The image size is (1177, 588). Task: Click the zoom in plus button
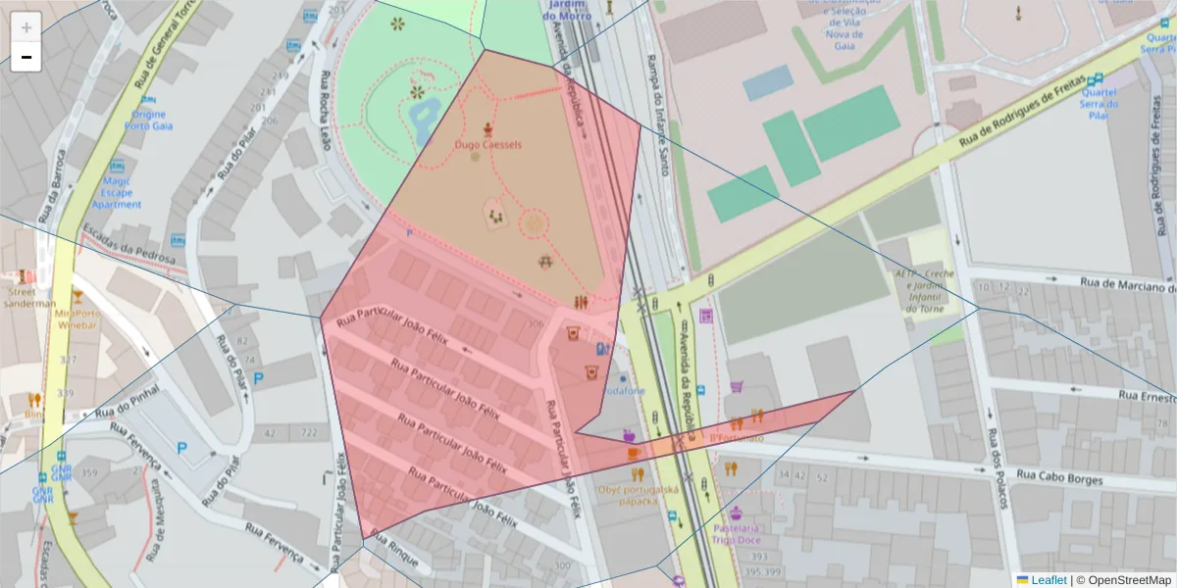coord(26,27)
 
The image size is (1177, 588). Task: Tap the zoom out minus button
coord(26,57)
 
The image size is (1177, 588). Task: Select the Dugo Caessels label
coord(488,145)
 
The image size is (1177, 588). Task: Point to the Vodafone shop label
coord(623,391)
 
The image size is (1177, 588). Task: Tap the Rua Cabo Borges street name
coord(1060,477)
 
